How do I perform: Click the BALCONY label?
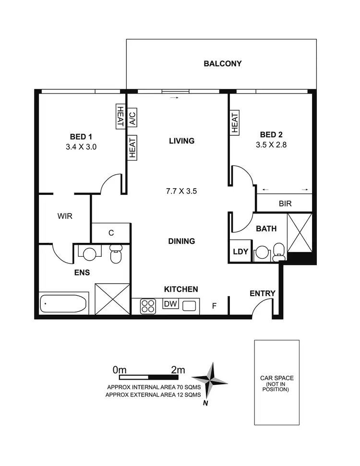pyautogui.click(x=222, y=63)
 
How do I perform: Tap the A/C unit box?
pyautogui.click(x=132, y=117)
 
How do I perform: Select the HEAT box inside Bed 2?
pyautogui.click(x=235, y=123)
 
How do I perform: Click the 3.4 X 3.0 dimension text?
pyautogui.click(x=81, y=147)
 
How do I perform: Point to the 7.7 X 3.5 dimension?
pyautogui.click(x=181, y=191)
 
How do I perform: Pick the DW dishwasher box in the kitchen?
pyautogui.click(x=170, y=304)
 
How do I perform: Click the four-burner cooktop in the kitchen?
pyautogui.click(x=148, y=306)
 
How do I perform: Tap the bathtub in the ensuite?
pyautogui.click(x=64, y=304)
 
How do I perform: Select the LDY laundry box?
pyautogui.click(x=240, y=251)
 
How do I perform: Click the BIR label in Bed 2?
pyautogui.click(x=285, y=203)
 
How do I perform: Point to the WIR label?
pyautogui.click(x=65, y=216)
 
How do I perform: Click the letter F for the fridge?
pyautogui.click(x=215, y=305)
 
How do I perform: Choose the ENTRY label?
pyautogui.click(x=262, y=294)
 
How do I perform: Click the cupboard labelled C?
pyautogui.click(x=111, y=233)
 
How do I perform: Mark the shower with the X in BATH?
pyautogui.click(x=300, y=233)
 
